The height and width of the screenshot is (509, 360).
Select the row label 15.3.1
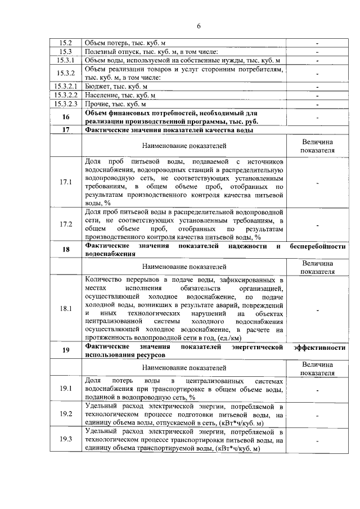click(x=66, y=60)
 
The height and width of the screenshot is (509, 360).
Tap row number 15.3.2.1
click(x=66, y=87)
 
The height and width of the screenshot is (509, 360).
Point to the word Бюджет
click(x=97, y=87)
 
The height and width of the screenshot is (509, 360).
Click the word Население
click(x=101, y=96)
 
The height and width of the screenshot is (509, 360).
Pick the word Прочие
click(x=97, y=104)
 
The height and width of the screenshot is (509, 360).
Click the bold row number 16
click(x=66, y=117)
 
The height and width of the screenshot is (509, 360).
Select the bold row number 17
click(x=66, y=130)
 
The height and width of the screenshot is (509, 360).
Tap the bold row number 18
click(x=66, y=250)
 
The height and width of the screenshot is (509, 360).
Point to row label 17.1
click(x=66, y=182)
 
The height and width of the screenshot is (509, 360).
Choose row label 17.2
click(x=66, y=224)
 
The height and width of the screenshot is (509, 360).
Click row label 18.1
click(x=66, y=309)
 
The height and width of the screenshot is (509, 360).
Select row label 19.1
click(x=66, y=389)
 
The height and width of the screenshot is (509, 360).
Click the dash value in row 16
click(x=318, y=118)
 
